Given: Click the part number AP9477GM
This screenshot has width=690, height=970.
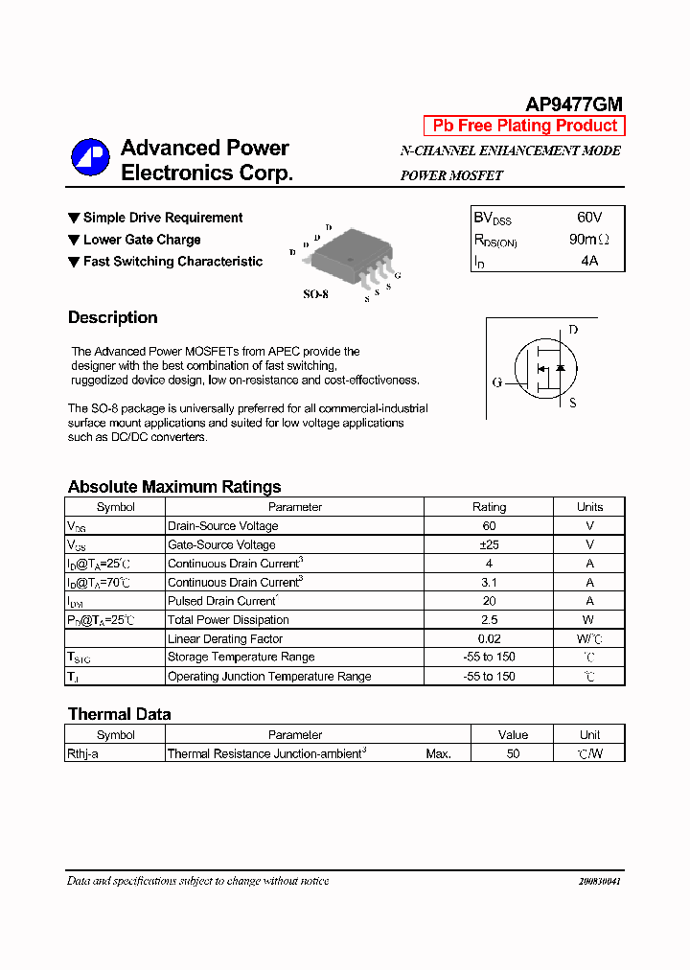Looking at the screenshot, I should [574, 104].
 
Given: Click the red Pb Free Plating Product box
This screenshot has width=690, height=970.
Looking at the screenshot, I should [524, 127].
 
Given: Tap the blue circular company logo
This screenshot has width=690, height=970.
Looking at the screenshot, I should [90, 158].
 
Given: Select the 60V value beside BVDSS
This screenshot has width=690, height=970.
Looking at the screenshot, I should [588, 218].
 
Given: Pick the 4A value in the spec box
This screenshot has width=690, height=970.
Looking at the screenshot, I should [588, 261].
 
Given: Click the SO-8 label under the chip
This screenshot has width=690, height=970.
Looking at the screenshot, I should [315, 295].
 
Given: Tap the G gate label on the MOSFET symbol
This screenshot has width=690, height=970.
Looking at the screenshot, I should [497, 382].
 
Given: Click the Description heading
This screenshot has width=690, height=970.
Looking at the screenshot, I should [113, 318].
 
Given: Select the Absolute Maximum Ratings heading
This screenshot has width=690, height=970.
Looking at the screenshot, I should [174, 487].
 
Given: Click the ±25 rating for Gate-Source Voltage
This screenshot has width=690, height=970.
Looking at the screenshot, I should [489, 544].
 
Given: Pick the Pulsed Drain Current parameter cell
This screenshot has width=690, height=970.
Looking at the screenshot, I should [222, 601].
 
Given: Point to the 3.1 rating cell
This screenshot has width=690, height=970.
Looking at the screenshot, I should [489, 582].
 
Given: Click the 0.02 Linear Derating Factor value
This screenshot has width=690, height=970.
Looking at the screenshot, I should [489, 638].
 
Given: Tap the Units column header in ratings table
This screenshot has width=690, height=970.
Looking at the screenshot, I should [589, 507].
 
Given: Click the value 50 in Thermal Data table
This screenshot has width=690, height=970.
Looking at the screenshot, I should [513, 754].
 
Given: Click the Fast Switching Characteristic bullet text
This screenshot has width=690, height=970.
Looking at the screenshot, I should [172, 262].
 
